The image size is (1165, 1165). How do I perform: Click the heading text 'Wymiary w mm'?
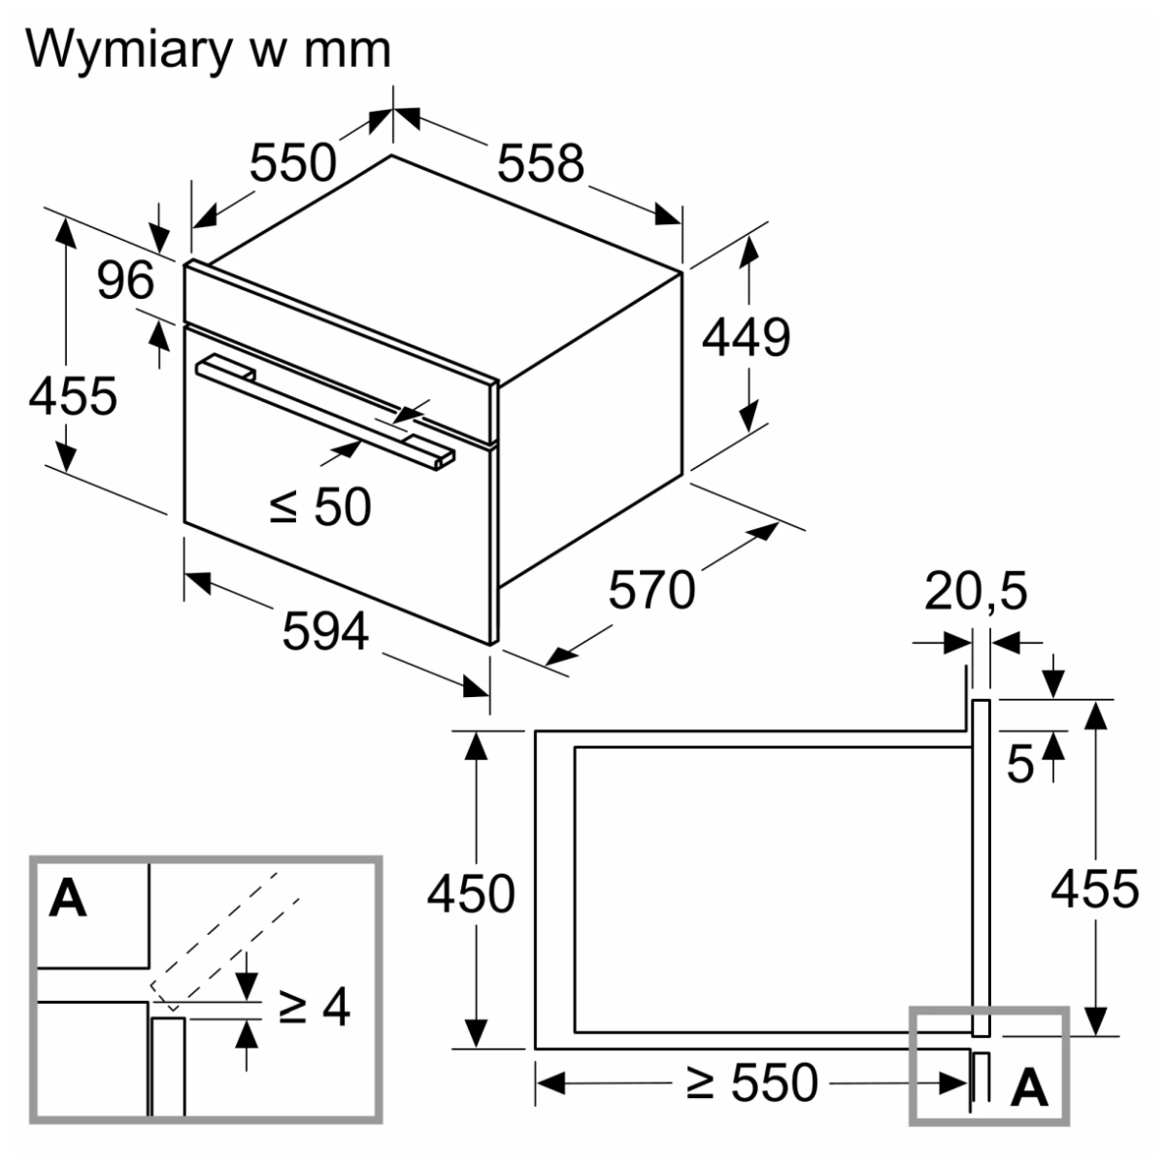pyautogui.click(x=209, y=49)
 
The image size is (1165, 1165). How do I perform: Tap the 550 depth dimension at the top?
pyautogui.click(x=292, y=162)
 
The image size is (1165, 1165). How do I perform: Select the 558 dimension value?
pyautogui.click(x=541, y=162)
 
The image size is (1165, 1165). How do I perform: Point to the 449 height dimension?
pyautogui.click(x=746, y=338)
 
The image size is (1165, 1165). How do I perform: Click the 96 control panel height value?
pyautogui.click(x=126, y=281)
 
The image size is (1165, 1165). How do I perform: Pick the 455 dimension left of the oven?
pyautogui.click(x=73, y=396)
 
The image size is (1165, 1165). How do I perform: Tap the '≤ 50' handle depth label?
pyautogui.click(x=320, y=506)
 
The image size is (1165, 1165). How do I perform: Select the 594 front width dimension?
pyautogui.click(x=325, y=633)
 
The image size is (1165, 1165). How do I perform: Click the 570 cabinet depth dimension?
pyautogui.click(x=651, y=589)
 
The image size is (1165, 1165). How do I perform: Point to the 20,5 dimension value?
pyautogui.click(x=976, y=592)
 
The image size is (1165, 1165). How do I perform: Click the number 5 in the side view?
pyautogui.click(x=1019, y=765)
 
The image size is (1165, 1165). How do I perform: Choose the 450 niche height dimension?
pyautogui.click(x=471, y=893)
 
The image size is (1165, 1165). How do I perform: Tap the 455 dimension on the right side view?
pyautogui.click(x=1095, y=888)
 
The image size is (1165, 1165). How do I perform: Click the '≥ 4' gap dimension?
pyautogui.click(x=314, y=1008)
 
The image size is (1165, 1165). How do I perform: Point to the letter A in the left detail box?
pyautogui.click(x=68, y=898)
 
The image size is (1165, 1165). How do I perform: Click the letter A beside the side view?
pyautogui.click(x=1029, y=1089)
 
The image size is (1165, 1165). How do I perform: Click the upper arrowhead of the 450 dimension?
pyautogui.click(x=475, y=744)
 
